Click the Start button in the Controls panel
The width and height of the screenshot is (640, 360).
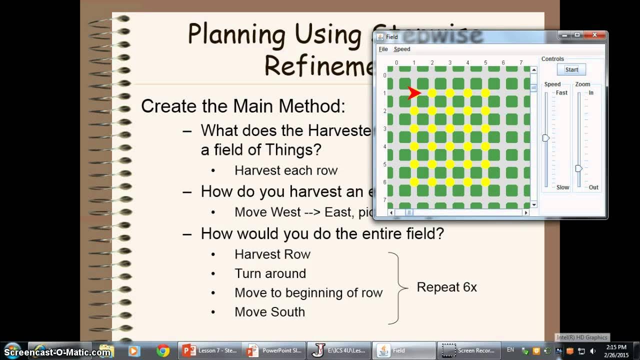coord(571,70)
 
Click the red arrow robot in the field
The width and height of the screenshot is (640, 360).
coord(414,93)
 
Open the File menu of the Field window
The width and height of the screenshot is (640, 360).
coord(383,49)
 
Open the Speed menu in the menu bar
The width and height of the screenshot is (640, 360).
coord(402,49)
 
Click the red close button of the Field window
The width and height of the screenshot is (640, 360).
coord(594,35)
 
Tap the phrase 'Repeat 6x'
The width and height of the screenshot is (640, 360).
coord(446,287)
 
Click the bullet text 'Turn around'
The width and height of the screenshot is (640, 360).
coord(270,273)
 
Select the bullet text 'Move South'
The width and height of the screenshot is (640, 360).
coord(269,312)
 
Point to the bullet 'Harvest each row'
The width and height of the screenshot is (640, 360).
coord(286,170)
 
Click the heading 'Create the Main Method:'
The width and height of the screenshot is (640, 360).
coord(243,106)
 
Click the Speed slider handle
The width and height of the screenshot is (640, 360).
coord(546,138)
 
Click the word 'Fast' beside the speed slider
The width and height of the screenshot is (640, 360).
coord(561,93)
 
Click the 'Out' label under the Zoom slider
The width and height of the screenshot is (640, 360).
coord(593,187)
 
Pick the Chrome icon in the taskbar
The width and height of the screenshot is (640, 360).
coord(162,350)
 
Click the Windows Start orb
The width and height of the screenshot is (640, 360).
coord(12,350)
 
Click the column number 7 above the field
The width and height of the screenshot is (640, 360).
coord(521,63)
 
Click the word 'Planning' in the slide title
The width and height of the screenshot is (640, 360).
coord(235,34)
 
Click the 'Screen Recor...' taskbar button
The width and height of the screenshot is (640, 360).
coord(469,350)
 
